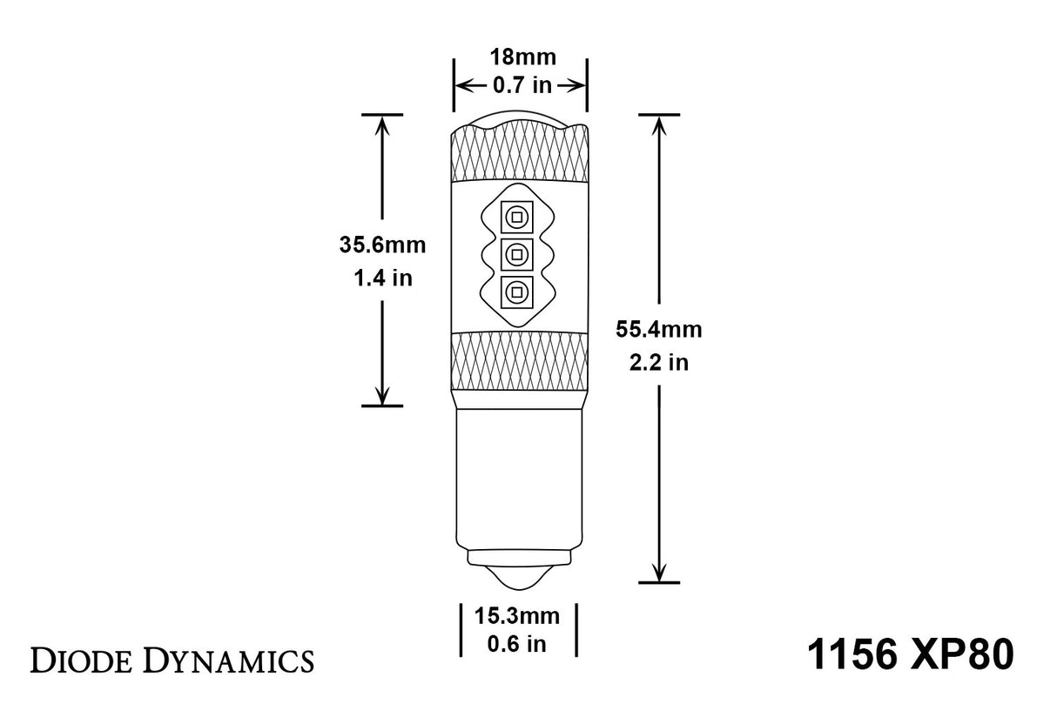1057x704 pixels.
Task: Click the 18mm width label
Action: [520, 58]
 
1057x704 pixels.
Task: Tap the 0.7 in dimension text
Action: [520, 85]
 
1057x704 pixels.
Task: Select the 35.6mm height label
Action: [382, 245]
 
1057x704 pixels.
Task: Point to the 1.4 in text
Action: [382, 278]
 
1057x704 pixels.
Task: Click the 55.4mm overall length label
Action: [658, 329]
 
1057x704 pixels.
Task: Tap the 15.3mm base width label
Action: [516, 616]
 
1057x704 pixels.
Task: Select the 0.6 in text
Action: [516, 644]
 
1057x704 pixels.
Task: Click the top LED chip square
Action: [516, 216]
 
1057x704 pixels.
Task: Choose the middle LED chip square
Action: [516, 254]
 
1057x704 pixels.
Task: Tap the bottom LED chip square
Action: [516, 292]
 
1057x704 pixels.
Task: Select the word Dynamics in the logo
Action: [228, 660]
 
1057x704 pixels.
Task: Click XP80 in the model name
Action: [966, 655]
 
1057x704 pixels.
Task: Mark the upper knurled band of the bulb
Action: [519, 158]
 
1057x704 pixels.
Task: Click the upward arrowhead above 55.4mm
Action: [658, 125]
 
